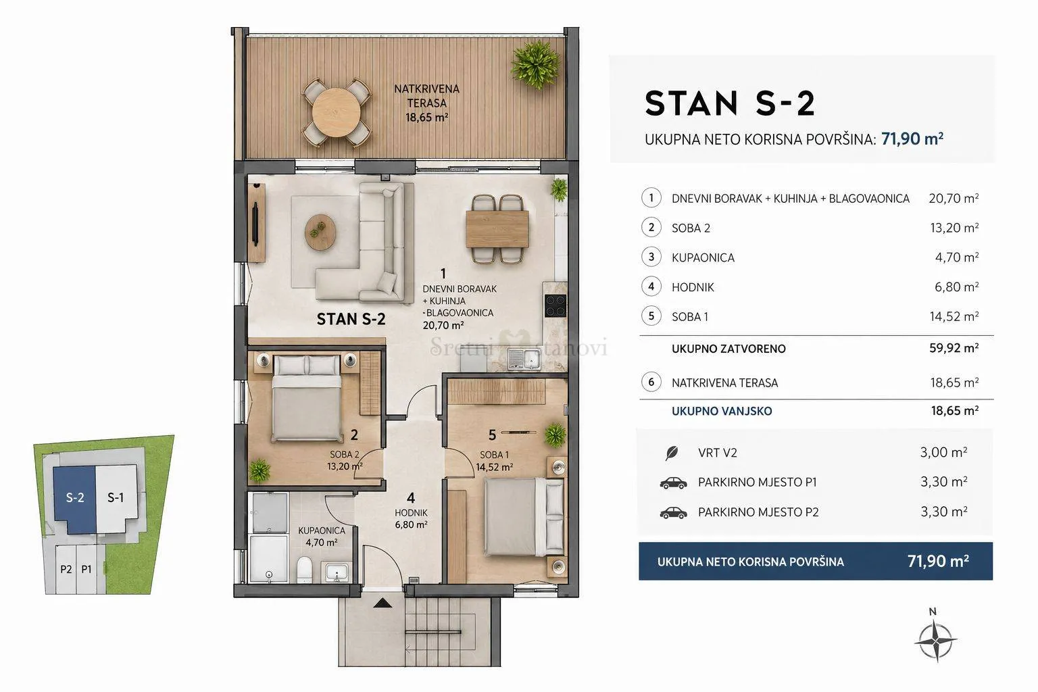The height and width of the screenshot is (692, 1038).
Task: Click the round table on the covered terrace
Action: pos(335,112)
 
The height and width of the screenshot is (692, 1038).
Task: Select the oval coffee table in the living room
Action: pos(320,231)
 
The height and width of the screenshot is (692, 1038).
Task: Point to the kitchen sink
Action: pos(524,360)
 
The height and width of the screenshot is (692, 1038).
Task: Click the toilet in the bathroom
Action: pos(305,570)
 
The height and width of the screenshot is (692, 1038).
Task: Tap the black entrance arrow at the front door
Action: pos(382,603)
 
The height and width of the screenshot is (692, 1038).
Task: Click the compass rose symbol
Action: pos(936,641)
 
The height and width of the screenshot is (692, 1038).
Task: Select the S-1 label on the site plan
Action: pos(116,497)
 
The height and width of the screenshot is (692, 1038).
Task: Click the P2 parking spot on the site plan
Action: pos(66,569)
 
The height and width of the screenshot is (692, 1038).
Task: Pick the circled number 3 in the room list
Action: pos(651,257)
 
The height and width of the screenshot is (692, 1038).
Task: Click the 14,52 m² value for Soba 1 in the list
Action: pos(954,316)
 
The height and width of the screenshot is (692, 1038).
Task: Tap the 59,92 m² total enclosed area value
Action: pos(954,348)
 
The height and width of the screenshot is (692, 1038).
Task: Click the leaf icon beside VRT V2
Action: pos(672,453)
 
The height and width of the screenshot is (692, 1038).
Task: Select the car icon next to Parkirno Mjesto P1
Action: pos(673,483)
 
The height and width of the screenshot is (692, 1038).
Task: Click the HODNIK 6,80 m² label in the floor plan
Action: pos(411,518)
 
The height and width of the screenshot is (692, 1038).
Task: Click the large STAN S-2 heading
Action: pos(730,103)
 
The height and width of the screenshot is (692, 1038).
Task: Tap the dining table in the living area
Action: pos(497,229)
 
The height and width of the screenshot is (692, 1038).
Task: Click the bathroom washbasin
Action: pos(337,572)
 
